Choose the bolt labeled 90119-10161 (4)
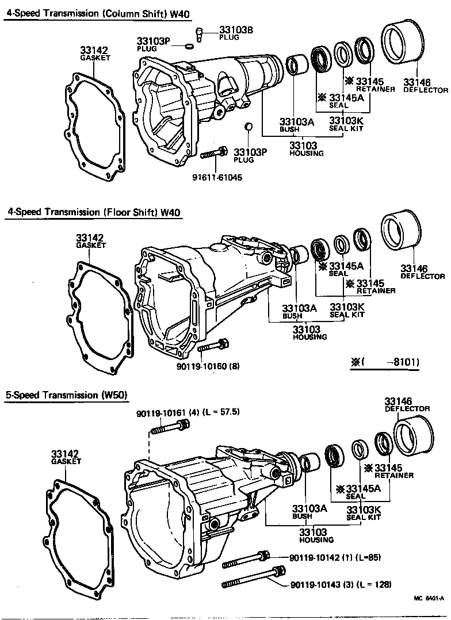point(170,427)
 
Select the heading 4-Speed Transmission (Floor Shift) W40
point(94,212)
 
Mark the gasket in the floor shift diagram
point(101,316)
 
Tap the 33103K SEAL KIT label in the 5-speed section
point(364,513)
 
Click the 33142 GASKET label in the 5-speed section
point(66,457)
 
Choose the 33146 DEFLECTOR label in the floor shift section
point(422,271)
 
